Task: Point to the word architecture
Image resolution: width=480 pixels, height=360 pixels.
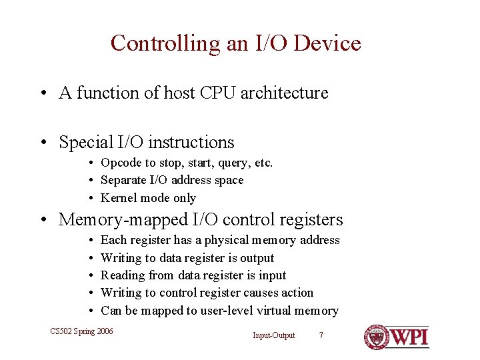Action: click(x=284, y=93)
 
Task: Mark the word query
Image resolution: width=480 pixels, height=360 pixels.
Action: click(x=231, y=163)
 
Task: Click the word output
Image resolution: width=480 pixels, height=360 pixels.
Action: click(x=257, y=258)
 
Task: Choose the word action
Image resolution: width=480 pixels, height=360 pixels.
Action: click(x=297, y=293)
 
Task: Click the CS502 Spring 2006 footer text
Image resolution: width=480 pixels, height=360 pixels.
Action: click(x=82, y=331)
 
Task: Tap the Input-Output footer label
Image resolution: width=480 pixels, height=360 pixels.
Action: click(x=273, y=335)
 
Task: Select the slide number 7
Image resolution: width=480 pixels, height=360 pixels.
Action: click(x=321, y=335)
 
